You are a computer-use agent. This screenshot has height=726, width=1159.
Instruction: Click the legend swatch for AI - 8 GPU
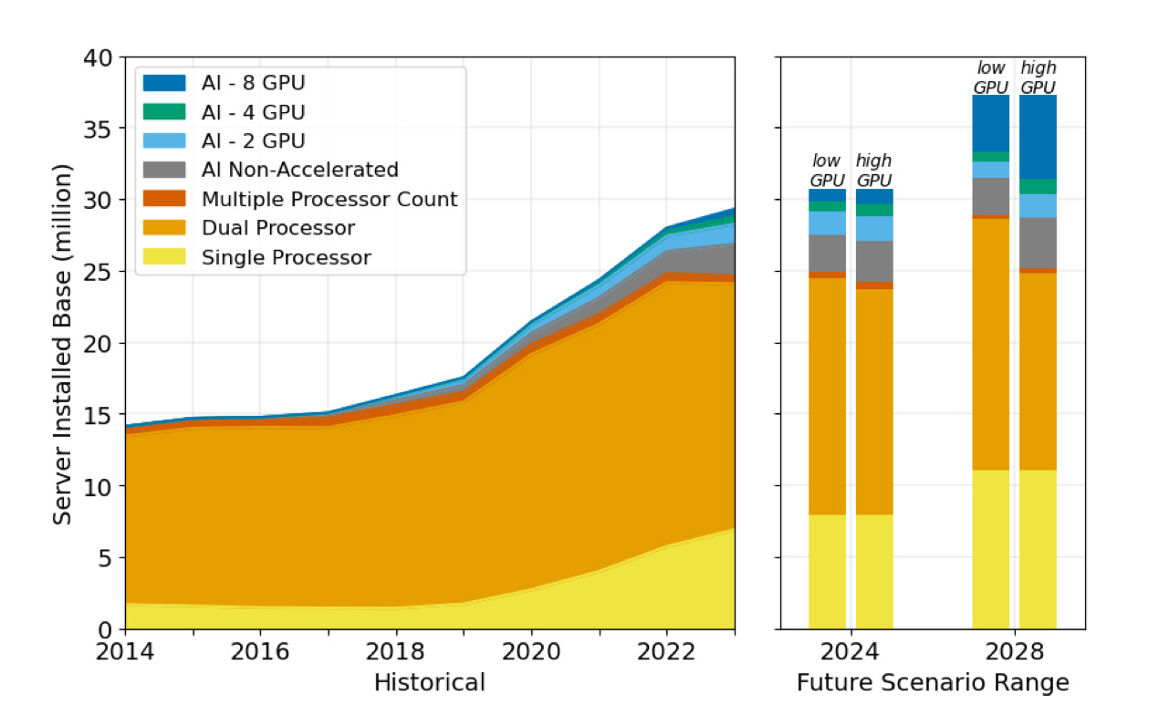(x=164, y=83)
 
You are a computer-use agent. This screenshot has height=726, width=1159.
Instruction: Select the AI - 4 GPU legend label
(x=253, y=112)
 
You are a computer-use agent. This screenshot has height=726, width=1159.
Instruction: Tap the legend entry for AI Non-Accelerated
(x=299, y=170)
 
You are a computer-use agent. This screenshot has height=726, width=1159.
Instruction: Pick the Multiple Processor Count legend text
(x=329, y=199)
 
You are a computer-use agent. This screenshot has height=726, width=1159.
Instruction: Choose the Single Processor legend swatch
(x=164, y=257)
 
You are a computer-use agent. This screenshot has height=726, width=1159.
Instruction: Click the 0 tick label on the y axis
(x=106, y=629)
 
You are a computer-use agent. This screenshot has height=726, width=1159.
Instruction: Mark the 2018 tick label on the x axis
(x=396, y=652)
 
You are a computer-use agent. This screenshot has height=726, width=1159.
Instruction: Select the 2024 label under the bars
(x=851, y=652)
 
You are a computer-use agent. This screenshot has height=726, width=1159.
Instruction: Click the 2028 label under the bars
(x=1014, y=652)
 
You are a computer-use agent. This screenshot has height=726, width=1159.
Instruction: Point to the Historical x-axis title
(x=429, y=682)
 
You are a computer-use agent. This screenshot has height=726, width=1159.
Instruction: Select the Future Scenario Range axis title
(x=932, y=682)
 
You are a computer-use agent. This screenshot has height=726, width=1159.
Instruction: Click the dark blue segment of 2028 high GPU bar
(x=1038, y=137)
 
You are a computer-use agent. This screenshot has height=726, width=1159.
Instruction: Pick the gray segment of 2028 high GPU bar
(x=1038, y=243)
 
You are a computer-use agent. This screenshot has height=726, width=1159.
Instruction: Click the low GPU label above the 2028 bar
(x=990, y=78)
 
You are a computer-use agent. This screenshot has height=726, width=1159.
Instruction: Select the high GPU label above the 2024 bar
(x=873, y=171)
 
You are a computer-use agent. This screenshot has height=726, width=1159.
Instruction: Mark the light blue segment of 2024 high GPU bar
(x=873, y=228)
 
